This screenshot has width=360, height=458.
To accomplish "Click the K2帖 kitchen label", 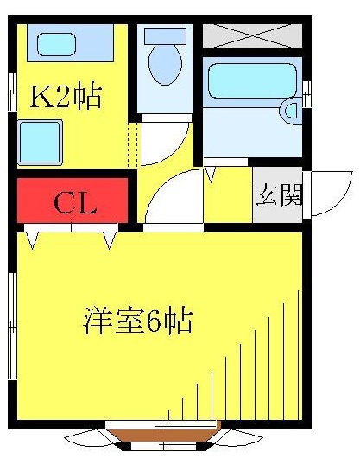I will [66, 95].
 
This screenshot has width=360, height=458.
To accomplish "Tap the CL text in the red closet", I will [75, 205].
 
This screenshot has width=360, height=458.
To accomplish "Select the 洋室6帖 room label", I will [136, 321].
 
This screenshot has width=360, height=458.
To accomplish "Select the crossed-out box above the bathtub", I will [251, 35].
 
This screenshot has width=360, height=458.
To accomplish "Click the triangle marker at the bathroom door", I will [211, 174].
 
